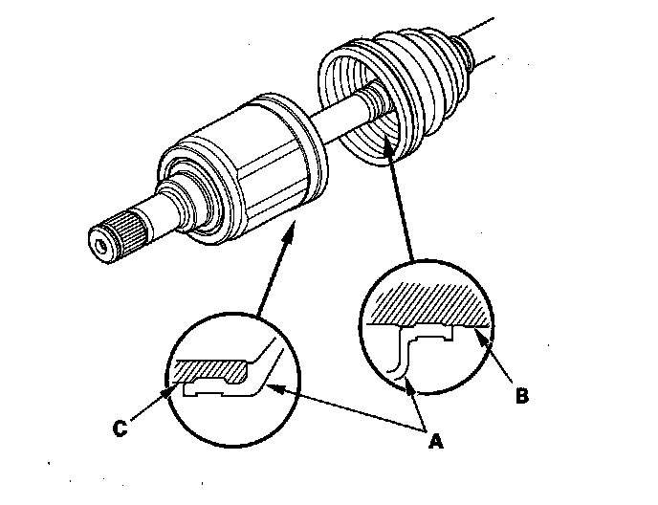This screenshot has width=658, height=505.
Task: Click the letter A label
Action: pyautogui.click(x=435, y=442)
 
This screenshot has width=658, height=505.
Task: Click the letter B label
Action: pyautogui.click(x=521, y=396)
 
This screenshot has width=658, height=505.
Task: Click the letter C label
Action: pyautogui.click(x=120, y=428)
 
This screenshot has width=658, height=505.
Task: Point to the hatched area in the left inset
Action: pyautogui.click(x=212, y=370)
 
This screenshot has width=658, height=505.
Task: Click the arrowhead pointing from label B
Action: pyautogui.click(x=482, y=336)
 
